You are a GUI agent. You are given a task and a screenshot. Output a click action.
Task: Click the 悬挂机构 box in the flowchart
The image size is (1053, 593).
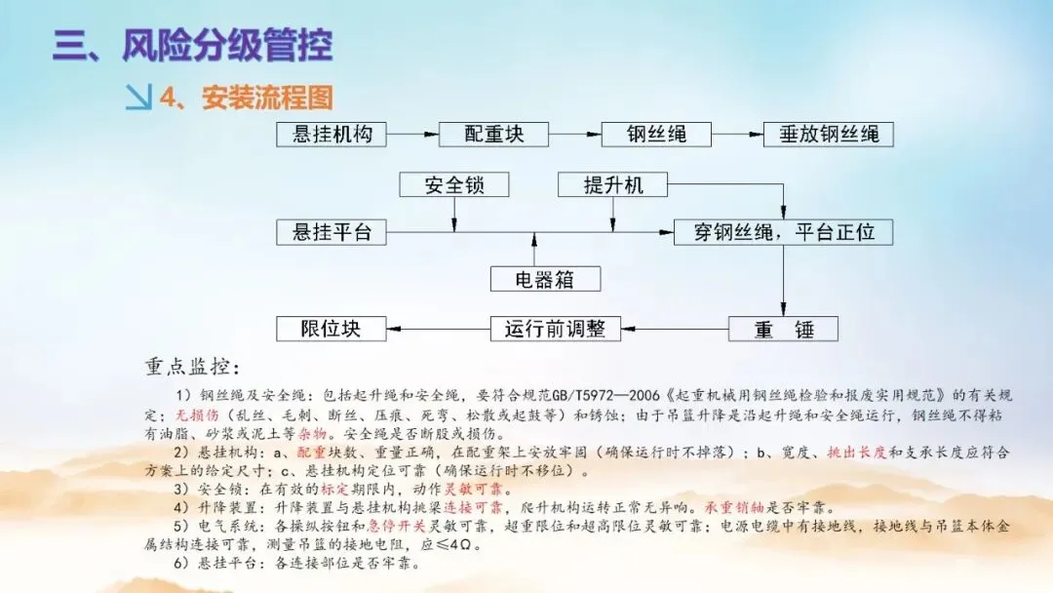coord(332,135)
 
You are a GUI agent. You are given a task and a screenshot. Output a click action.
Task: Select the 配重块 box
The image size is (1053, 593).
coord(494,135)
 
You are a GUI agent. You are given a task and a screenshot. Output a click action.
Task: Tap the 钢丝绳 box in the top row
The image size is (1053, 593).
coord(656,135)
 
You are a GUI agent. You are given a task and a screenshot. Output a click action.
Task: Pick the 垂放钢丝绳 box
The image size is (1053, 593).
coord(829,135)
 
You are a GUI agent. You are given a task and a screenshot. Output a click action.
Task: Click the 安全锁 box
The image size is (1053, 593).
coord(454,184)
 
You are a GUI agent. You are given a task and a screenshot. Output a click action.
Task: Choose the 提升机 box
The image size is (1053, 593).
coord(613,184)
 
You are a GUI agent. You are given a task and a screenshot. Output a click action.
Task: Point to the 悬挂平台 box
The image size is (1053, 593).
coord(332,232)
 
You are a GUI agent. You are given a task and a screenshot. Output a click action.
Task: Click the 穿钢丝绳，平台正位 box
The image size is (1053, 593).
coord(784,232)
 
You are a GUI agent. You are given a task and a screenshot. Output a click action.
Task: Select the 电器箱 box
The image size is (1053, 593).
coord(545,280)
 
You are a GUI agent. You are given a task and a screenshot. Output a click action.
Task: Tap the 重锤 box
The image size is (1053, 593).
coord(784,329)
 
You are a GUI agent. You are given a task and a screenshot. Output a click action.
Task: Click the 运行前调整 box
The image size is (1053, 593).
coord(555,329)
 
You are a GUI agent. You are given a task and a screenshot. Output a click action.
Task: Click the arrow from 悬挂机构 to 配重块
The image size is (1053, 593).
coord(413,135)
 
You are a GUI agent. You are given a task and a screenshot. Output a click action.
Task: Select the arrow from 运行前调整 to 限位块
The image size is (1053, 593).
coord(439,329)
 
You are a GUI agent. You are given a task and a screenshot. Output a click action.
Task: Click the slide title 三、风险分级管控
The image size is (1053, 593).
coord(192,47)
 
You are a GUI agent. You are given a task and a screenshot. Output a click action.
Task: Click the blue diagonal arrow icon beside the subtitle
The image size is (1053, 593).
coord(139,98)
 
